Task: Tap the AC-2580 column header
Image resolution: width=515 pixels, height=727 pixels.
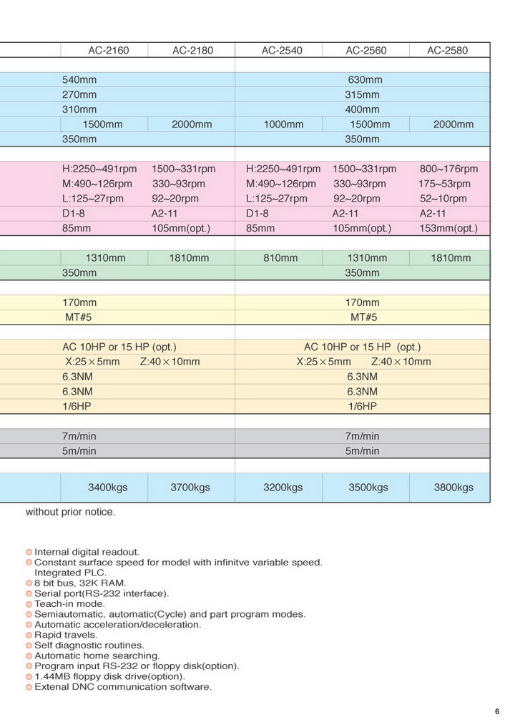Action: click(x=448, y=51)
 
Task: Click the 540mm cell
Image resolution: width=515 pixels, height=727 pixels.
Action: click(x=79, y=79)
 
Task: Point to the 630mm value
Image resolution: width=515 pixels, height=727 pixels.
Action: click(x=365, y=79)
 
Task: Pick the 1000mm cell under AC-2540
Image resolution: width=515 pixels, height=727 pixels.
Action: click(x=283, y=124)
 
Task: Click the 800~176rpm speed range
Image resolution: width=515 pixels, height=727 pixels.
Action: click(x=448, y=169)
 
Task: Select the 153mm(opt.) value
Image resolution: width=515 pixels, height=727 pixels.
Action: click(x=448, y=229)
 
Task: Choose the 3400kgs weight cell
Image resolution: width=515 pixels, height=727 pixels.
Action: click(x=107, y=488)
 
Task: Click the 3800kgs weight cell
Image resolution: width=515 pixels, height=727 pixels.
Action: click(x=453, y=488)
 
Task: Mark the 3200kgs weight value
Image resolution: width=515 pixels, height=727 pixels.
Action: click(x=283, y=488)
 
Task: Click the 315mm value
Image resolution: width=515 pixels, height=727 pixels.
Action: click(x=363, y=95)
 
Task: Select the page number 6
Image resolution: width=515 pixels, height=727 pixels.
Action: click(x=496, y=711)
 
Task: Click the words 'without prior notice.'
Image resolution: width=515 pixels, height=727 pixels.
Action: click(x=70, y=512)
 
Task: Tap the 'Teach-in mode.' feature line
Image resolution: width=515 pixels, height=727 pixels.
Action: click(x=69, y=604)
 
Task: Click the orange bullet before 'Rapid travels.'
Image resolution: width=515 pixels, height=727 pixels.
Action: click(x=29, y=635)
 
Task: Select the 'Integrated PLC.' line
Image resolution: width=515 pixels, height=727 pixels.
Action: click(x=70, y=573)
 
